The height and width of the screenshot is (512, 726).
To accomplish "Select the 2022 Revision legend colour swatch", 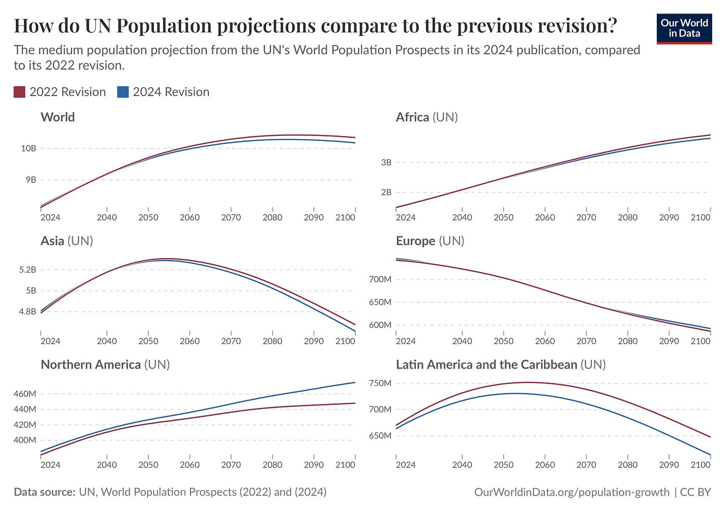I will click(19, 92).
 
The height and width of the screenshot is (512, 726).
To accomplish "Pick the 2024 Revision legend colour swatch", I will click(123, 92).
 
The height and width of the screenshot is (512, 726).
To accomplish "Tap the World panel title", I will click(58, 117).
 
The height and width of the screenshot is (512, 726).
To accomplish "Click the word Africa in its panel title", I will click(412, 117).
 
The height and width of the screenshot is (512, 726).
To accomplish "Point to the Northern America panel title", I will click(91, 365).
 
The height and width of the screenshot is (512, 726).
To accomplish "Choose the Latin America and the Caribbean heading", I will click(486, 365).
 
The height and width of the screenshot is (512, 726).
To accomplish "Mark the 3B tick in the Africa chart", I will click(386, 162).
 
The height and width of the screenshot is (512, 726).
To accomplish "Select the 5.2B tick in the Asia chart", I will click(27, 269).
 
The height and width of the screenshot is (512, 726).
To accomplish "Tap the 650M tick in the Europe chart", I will click(380, 302).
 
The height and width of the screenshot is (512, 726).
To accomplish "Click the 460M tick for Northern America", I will click(25, 393).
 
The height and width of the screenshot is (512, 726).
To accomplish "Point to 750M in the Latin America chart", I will click(380, 383).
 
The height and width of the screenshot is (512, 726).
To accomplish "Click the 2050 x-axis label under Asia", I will click(148, 341).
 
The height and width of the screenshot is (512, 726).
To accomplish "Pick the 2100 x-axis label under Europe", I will click(701, 341).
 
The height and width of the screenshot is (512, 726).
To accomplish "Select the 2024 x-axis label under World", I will click(50, 217).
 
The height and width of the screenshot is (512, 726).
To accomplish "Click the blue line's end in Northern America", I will click(355, 383).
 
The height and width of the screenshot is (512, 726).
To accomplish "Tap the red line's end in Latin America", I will click(710, 437).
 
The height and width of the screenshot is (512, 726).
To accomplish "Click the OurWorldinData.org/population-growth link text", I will click(572, 492).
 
